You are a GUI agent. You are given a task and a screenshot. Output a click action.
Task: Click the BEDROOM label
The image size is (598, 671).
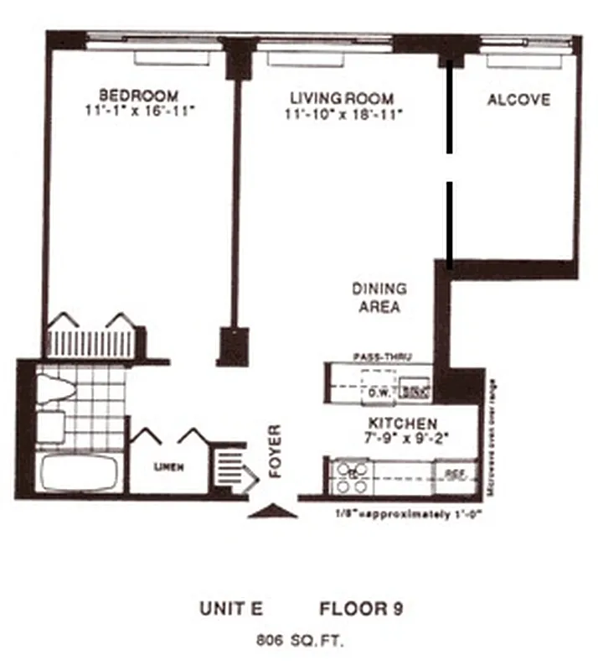(139, 94)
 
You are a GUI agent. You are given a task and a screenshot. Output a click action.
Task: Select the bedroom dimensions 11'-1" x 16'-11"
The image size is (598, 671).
(139, 110)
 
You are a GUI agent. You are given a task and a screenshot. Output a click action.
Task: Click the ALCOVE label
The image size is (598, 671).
(518, 100)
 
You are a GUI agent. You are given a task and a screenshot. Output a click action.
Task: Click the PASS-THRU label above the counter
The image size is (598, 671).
(381, 356)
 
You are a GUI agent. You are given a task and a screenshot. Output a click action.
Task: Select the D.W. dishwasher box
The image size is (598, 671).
(376, 390)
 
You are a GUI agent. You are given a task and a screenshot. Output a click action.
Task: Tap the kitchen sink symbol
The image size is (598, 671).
(415, 389)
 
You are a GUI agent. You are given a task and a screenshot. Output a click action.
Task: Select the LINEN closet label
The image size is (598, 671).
(168, 467)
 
